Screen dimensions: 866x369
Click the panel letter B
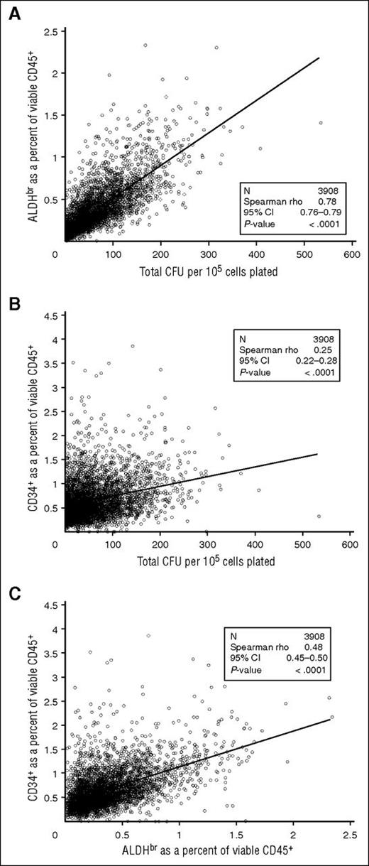tap(13, 299)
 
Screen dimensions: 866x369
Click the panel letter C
tap(13, 588)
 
